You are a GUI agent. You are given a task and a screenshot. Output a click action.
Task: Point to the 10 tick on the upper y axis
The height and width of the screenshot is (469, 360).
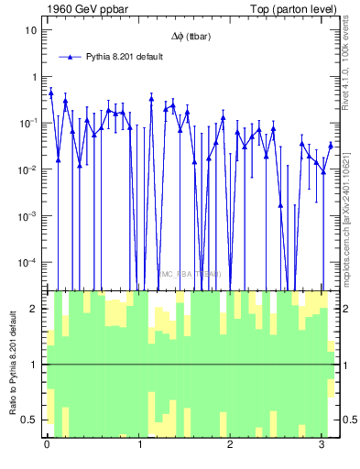pyautogui.click(x=30, y=30)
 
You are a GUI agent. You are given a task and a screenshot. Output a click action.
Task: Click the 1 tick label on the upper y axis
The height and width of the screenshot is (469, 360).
pyautogui.click(x=33, y=77)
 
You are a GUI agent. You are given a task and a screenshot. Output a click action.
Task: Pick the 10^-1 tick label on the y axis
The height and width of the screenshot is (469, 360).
pyautogui.click(x=28, y=123)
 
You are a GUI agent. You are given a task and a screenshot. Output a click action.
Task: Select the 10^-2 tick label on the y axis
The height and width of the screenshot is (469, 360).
pyautogui.click(x=28, y=169)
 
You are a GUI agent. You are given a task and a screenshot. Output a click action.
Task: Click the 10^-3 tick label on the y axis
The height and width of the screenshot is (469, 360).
pyautogui.click(x=28, y=216)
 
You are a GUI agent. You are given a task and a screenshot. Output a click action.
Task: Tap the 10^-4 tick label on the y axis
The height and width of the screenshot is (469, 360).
pyautogui.click(x=28, y=263)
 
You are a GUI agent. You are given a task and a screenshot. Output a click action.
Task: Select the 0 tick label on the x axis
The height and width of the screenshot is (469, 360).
pyautogui.click(x=47, y=445)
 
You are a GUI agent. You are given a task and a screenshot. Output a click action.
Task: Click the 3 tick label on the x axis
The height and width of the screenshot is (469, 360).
pyautogui.click(x=321, y=445)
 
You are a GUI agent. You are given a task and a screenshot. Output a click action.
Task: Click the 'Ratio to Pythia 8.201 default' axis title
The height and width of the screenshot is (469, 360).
pyautogui.click(x=13, y=365)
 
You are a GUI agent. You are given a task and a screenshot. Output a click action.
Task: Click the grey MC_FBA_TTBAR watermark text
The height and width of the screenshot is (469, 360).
pyautogui.click(x=191, y=274)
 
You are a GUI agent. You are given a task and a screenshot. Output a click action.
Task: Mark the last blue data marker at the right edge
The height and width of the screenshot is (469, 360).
pyautogui.click(x=331, y=145)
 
